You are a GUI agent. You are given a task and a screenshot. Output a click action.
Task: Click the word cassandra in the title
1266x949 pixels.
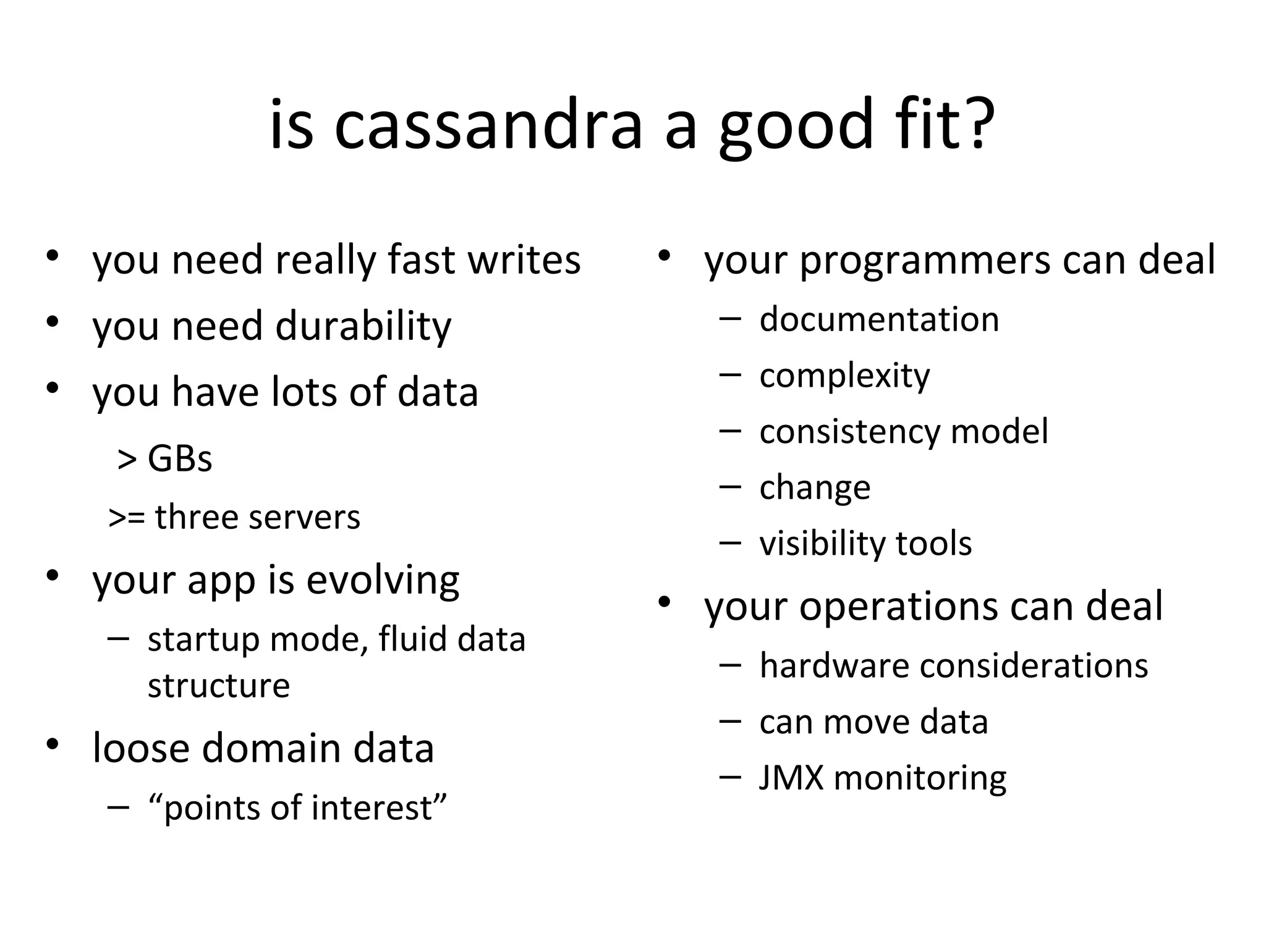click(x=488, y=125)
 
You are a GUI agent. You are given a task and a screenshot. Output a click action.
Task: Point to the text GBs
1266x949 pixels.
click(x=180, y=458)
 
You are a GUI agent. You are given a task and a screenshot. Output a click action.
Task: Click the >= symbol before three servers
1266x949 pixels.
click(x=126, y=518)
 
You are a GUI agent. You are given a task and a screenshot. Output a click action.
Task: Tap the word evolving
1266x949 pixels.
click(x=383, y=580)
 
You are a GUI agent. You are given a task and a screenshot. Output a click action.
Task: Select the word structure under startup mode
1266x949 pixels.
click(x=219, y=685)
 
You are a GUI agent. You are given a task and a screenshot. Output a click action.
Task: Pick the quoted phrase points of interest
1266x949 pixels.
click(x=297, y=808)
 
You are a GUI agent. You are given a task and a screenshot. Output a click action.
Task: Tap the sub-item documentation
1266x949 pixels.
click(x=878, y=319)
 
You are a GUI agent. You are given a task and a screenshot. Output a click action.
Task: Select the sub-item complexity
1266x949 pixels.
click(x=844, y=376)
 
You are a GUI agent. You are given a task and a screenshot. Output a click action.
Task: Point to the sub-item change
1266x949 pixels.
click(x=815, y=487)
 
